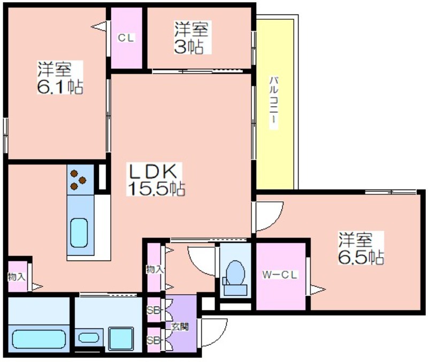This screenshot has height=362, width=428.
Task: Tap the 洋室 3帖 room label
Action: (x=191, y=37)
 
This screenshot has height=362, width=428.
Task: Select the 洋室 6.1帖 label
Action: (x=60, y=77)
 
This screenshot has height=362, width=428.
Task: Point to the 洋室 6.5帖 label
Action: (x=361, y=248)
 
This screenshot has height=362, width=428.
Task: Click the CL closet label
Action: (x=126, y=38)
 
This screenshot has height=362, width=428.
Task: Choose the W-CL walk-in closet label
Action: (x=279, y=275)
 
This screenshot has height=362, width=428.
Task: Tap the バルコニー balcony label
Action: (x=274, y=103)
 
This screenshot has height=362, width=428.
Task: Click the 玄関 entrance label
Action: (x=180, y=327)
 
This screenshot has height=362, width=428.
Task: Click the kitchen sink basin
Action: (x=79, y=233)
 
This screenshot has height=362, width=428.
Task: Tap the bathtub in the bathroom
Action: (x=39, y=340)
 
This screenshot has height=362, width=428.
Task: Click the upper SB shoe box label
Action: (x=154, y=310)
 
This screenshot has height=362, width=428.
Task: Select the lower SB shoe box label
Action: (x=154, y=340)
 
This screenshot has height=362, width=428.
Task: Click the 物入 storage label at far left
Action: (x=17, y=277)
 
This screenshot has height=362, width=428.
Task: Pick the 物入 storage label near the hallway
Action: (x=155, y=270)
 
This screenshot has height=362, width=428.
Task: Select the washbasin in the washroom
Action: (x=89, y=338)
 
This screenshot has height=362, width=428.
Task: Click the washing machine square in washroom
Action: (x=121, y=339)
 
